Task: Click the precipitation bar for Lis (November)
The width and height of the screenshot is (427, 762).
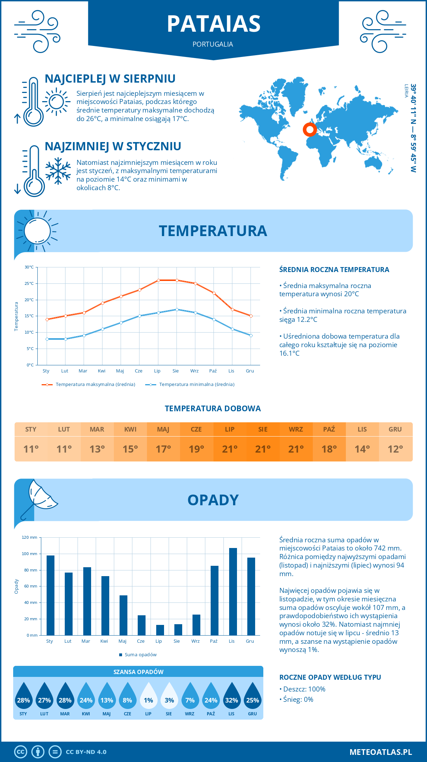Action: (233, 591)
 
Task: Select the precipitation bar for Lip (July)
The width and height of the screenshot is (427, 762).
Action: (160, 630)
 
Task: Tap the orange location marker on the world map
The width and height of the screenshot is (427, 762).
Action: (310, 129)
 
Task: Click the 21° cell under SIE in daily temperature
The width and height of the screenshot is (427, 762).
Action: (263, 449)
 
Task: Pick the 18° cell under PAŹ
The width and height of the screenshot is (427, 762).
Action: (329, 449)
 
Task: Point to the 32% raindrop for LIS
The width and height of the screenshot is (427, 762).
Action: (232, 696)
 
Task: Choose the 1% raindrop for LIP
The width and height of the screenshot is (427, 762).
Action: (148, 696)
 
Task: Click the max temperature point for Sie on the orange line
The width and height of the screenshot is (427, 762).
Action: (177, 280)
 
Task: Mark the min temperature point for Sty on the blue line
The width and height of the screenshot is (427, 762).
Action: (47, 339)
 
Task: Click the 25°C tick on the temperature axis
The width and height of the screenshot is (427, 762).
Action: (29, 283)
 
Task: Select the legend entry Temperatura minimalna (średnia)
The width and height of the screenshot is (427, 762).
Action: (196, 385)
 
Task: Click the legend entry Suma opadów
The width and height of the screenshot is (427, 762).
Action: (141, 654)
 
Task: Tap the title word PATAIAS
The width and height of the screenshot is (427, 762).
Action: (213, 24)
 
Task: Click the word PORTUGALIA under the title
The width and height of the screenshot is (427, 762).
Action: (213, 44)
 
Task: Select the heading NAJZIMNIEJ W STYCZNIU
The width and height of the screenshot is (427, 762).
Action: (113, 146)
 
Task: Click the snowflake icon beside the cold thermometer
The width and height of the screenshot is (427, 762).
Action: (58, 171)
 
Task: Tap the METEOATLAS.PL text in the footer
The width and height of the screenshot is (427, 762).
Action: (380, 752)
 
